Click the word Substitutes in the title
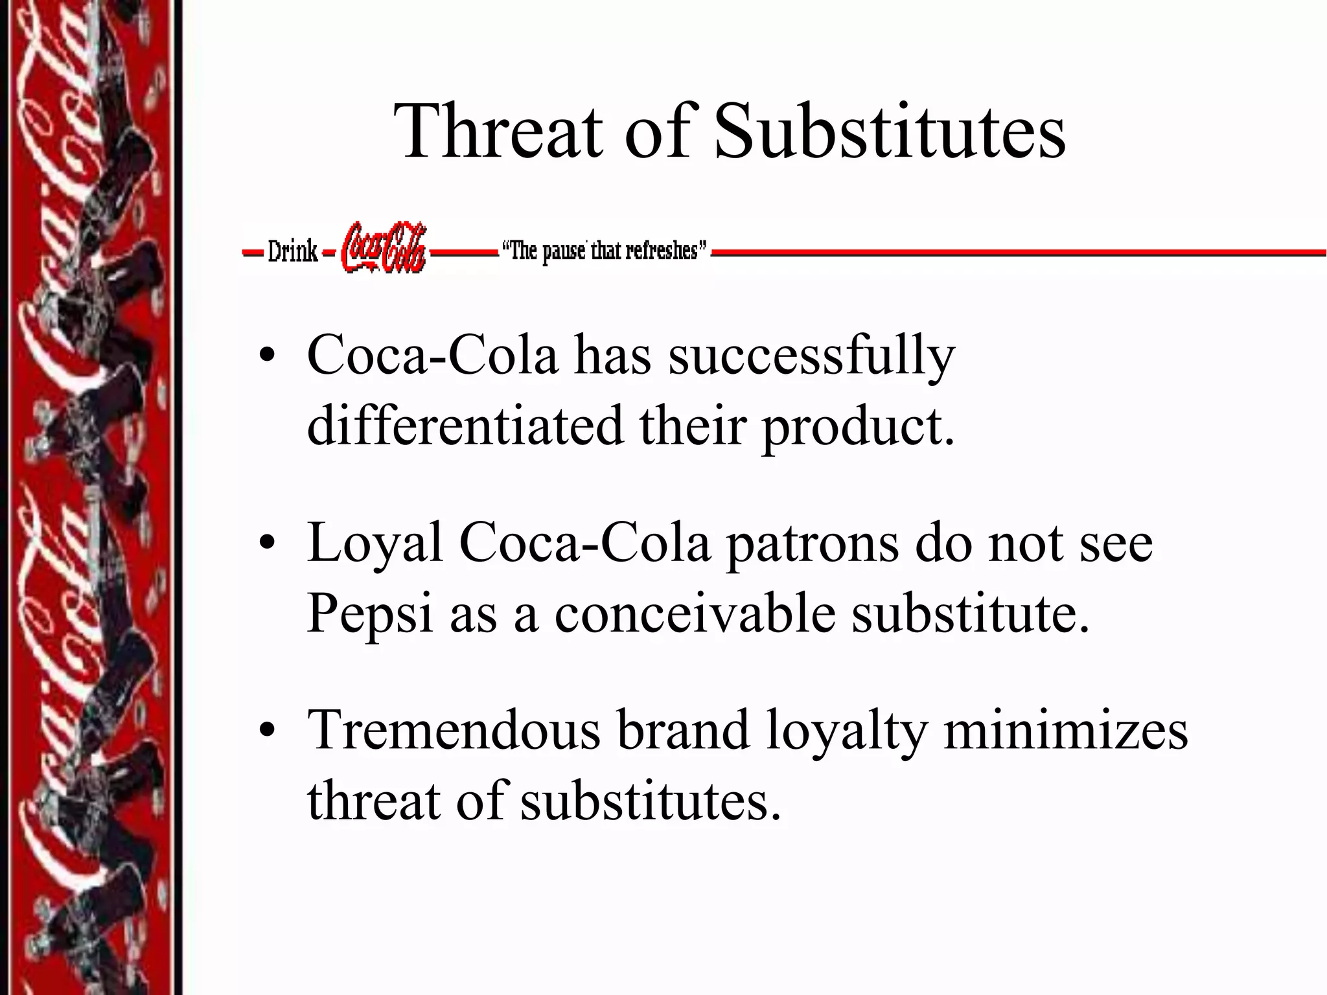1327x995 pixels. (x=889, y=131)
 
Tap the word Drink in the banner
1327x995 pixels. (x=292, y=251)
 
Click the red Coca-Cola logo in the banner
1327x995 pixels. (x=384, y=247)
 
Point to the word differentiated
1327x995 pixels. (x=465, y=426)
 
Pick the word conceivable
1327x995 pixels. (x=695, y=613)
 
